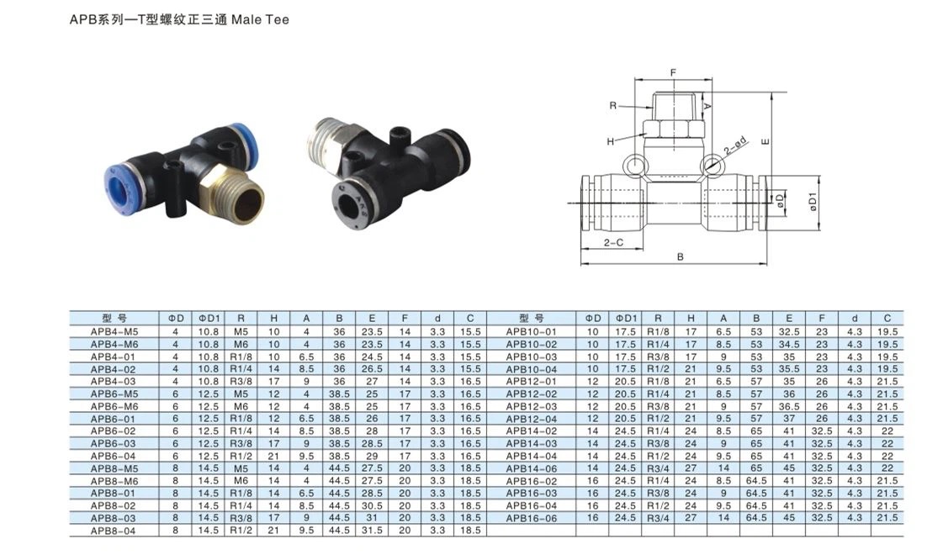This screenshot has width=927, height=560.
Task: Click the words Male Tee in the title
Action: (260, 19)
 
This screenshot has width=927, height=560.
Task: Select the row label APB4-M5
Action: (114, 332)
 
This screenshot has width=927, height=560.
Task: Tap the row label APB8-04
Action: (113, 531)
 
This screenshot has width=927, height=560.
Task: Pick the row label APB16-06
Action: (532, 518)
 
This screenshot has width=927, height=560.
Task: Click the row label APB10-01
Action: (532, 332)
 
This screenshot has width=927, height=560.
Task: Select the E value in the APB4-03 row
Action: (372, 382)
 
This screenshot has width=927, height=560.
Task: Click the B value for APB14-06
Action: (756, 468)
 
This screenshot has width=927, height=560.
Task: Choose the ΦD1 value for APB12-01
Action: (625, 382)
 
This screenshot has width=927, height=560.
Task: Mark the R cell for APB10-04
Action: (658, 369)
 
